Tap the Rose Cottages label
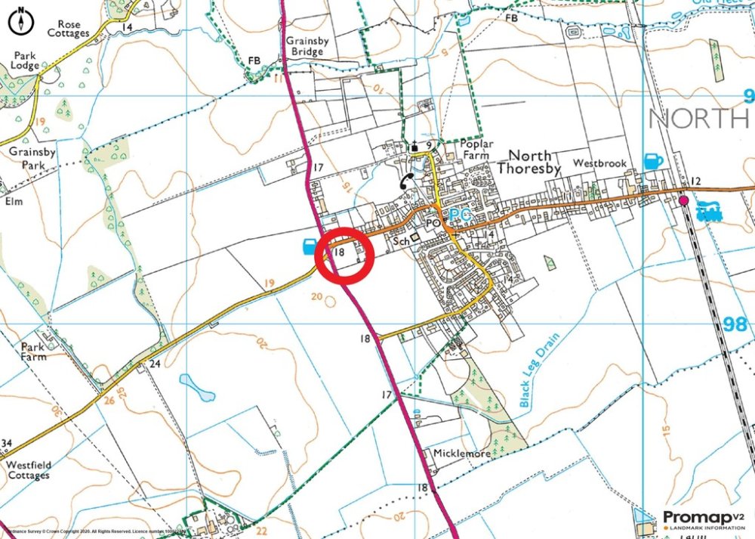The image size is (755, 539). tap(68, 29)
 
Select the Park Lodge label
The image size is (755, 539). tap(23, 60)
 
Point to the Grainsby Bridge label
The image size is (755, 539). tap(304, 45)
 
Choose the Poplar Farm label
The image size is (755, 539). tap(476, 149)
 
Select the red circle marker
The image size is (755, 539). tap(344, 254)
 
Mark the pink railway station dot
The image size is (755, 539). tap(683, 200)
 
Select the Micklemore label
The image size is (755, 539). tap(462, 454)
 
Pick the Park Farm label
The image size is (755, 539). tap(33, 352)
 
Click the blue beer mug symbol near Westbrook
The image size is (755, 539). tap(653, 161)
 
